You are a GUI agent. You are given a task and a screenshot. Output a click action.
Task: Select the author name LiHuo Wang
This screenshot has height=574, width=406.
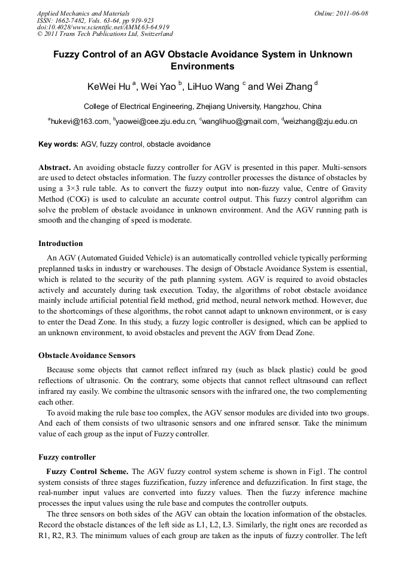[x=213, y=87]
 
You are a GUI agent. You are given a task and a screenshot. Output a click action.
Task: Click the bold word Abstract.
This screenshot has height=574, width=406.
[x=54, y=166]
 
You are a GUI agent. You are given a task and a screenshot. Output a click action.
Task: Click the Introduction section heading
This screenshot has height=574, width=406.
[x=60, y=244]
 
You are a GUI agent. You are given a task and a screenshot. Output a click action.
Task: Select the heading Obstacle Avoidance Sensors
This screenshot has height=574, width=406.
[x=87, y=356]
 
